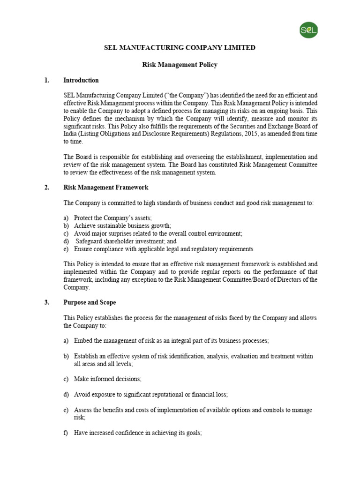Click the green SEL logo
click(309, 31)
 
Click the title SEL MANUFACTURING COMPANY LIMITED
click(180, 48)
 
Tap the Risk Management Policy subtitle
click(180, 65)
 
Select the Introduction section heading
click(81, 80)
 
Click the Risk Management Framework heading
click(106, 187)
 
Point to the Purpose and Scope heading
click(90, 302)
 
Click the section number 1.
click(47, 80)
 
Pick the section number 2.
click(47, 187)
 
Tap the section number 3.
click(47, 302)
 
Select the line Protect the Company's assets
click(113, 218)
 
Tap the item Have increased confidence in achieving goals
click(138, 433)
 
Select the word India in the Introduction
click(71, 134)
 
